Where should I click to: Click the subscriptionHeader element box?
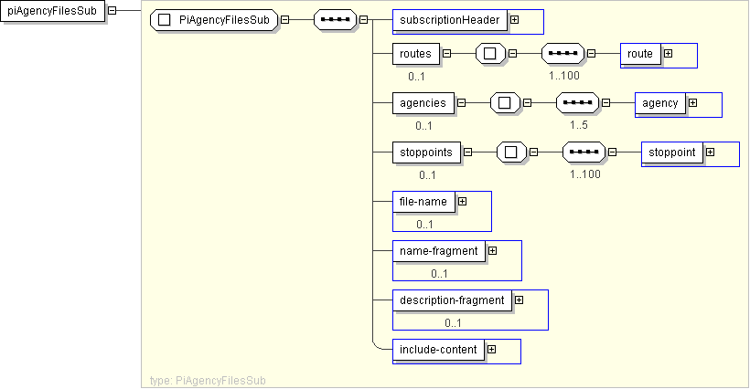click(x=448, y=20)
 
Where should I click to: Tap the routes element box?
click(x=415, y=53)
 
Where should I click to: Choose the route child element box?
click(x=640, y=54)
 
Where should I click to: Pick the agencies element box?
click(x=423, y=102)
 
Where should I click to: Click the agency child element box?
click(x=659, y=103)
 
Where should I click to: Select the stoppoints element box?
click(x=426, y=152)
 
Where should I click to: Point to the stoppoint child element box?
click(x=672, y=152)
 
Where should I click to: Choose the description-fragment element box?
click(x=451, y=300)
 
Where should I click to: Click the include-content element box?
click(x=436, y=349)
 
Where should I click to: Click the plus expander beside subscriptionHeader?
click(x=514, y=20)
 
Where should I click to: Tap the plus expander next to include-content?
click(x=491, y=349)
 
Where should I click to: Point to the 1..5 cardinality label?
click(x=579, y=125)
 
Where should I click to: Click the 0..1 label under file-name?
click(x=424, y=224)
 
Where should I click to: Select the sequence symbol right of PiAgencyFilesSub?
click(x=335, y=20)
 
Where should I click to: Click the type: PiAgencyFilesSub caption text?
click(x=208, y=380)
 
